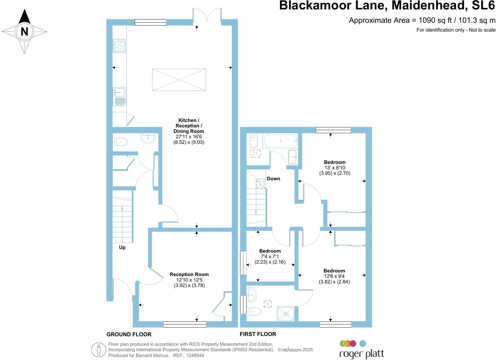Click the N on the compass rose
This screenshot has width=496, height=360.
24,32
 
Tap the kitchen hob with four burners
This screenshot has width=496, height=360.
119,46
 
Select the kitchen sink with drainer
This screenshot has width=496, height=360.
119,96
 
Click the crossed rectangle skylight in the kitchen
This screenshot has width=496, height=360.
179,80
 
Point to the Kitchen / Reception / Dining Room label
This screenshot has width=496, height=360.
188,126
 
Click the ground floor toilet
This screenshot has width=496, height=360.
120,142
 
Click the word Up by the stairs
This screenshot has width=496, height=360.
122,247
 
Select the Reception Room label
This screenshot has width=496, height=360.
189,274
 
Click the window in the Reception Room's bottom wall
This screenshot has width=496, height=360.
185,324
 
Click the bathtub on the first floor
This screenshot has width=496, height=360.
280,141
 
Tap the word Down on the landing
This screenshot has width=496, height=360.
274,178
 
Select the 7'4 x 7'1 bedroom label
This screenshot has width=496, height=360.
270,256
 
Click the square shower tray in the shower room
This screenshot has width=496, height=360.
286,314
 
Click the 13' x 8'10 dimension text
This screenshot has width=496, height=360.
335,168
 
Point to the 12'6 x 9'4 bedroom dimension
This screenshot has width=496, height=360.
334,276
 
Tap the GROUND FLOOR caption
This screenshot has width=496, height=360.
129,334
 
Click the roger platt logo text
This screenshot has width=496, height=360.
362,354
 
